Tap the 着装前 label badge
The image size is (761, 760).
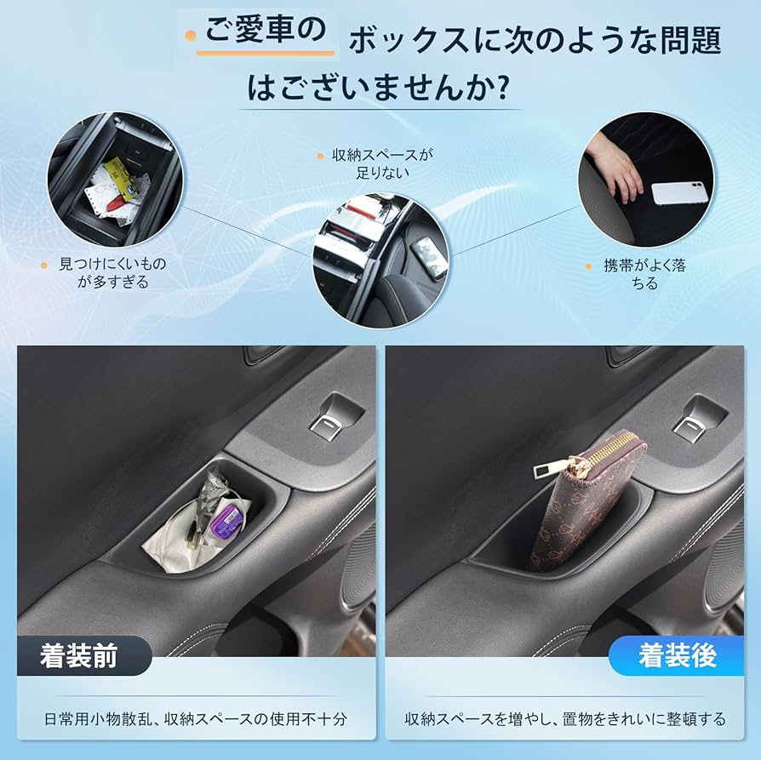(x=79, y=655)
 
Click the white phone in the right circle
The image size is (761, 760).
(x=679, y=192)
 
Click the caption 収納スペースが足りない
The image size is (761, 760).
(x=383, y=164)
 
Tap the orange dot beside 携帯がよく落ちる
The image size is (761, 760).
(x=587, y=266)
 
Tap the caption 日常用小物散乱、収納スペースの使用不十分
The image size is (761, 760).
(x=195, y=719)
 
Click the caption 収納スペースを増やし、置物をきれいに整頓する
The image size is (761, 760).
(x=565, y=719)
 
